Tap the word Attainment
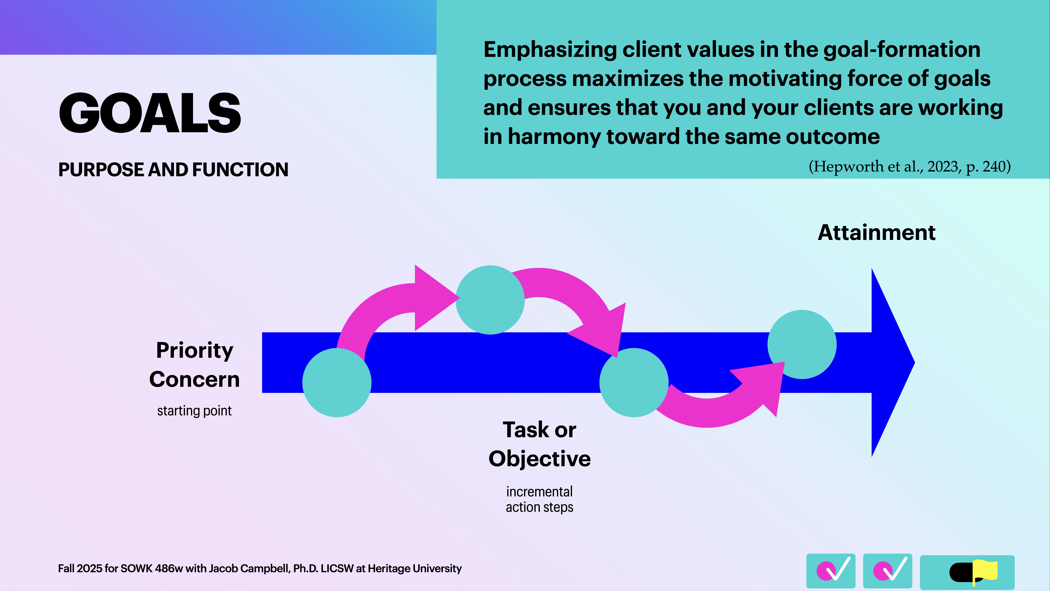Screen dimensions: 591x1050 pyautogui.click(x=876, y=233)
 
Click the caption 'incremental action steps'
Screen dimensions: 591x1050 pyautogui.click(x=539, y=499)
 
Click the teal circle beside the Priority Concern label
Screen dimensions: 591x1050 pyautogui.click(x=337, y=383)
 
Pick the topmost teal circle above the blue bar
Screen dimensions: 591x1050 pyautogui.click(x=490, y=300)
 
